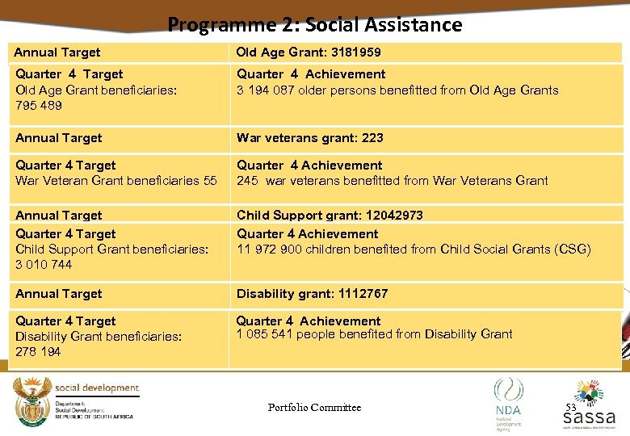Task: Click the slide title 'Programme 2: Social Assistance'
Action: click(315, 24)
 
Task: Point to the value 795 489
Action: click(39, 106)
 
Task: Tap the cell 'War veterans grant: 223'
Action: click(309, 138)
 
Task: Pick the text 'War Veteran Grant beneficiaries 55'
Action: click(115, 181)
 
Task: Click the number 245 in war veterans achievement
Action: click(247, 181)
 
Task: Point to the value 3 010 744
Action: click(44, 265)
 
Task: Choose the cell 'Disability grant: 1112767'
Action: click(312, 294)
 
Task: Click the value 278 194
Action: click(38, 351)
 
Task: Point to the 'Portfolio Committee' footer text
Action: click(314, 408)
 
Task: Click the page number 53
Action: click(570, 408)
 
